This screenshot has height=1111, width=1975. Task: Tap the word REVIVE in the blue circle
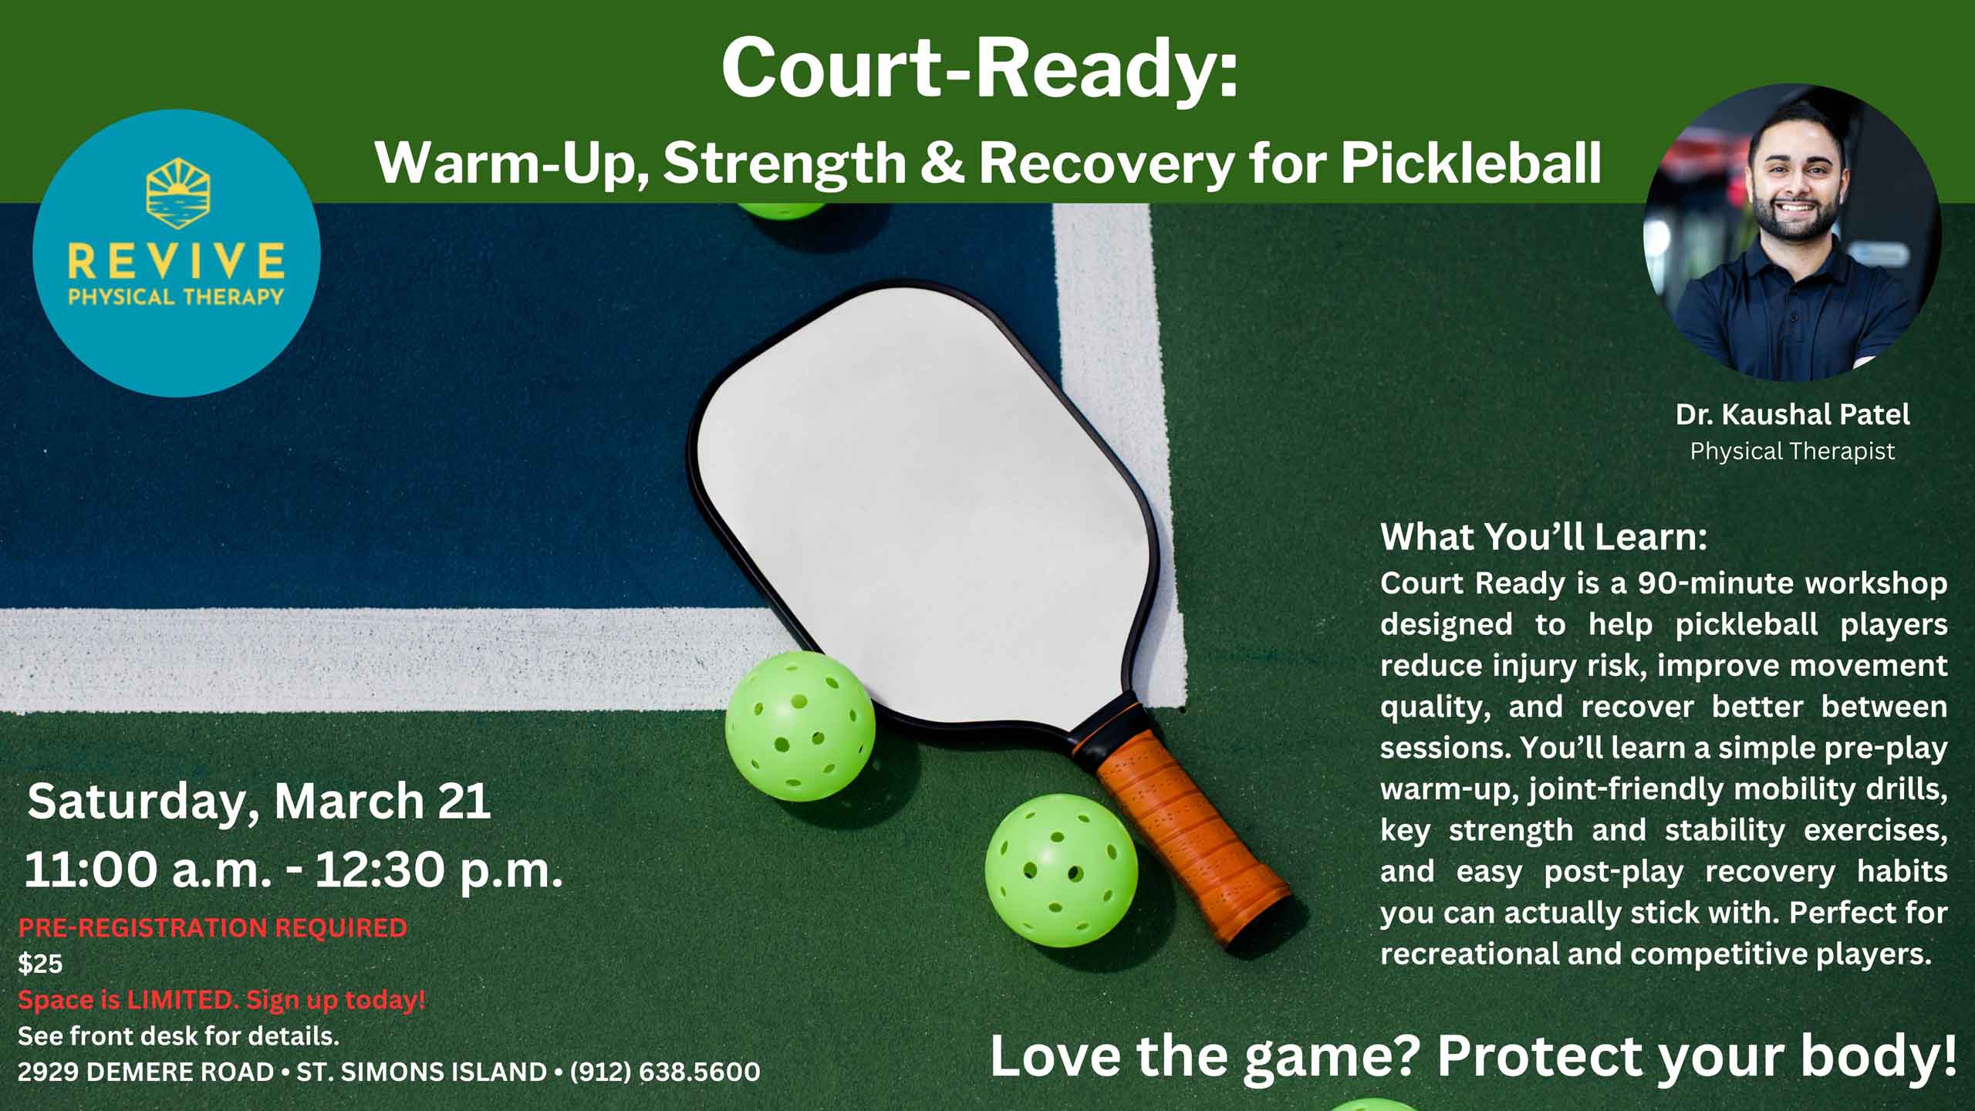click(x=177, y=261)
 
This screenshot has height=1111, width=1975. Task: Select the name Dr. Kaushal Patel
click(x=1792, y=415)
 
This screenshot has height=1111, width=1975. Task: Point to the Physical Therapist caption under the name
click(x=1792, y=451)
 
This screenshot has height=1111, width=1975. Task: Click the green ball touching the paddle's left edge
click(x=800, y=726)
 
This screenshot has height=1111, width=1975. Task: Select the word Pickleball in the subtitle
click(x=1470, y=163)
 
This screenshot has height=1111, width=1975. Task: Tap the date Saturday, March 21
click(x=259, y=802)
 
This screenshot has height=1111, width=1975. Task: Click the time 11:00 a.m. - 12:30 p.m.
click(x=293, y=870)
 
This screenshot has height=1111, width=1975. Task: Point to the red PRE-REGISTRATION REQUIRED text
click(x=212, y=927)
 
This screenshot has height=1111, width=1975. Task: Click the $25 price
click(x=40, y=964)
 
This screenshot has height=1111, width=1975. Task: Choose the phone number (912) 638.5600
click(x=665, y=1072)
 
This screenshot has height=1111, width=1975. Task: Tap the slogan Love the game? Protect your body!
click(x=1474, y=1056)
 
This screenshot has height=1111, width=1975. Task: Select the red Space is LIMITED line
click(x=221, y=1000)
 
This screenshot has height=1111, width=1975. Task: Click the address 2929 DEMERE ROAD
click(x=146, y=1072)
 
